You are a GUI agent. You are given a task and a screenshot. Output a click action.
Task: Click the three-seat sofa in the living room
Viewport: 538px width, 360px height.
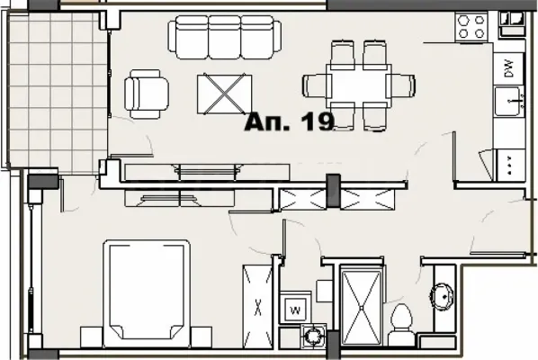225,38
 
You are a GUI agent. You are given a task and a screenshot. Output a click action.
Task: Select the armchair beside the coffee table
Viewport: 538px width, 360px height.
147,94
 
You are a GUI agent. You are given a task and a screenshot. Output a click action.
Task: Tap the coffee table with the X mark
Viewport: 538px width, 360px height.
224,94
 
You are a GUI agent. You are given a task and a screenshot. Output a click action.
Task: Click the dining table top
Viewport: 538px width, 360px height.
359,85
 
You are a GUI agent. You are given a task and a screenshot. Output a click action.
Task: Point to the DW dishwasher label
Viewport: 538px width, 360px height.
509,68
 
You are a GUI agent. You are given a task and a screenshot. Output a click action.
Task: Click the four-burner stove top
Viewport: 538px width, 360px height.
471,27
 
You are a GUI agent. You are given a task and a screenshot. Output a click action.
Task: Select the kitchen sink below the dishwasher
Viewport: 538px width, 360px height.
509,101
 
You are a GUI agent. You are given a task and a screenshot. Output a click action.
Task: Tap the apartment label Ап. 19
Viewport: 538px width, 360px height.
290,121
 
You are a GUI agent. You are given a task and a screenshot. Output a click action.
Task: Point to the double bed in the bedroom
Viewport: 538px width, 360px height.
147,293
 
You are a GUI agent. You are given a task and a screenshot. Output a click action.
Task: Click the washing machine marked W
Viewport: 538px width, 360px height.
295,308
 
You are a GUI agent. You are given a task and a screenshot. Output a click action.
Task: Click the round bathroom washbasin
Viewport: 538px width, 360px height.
442,295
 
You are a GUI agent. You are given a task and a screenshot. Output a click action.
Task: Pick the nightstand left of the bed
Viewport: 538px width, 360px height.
92,337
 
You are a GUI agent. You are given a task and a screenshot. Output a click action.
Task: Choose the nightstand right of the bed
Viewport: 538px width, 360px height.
201,337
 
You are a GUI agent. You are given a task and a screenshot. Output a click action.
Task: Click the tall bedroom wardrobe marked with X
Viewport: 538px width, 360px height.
257,306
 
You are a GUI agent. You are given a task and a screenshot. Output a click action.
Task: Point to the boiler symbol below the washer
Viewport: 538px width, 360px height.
313,336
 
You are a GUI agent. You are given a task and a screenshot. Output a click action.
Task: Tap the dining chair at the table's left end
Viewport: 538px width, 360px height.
317,86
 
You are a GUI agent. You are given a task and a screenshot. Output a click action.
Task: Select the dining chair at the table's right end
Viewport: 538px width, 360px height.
400,85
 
